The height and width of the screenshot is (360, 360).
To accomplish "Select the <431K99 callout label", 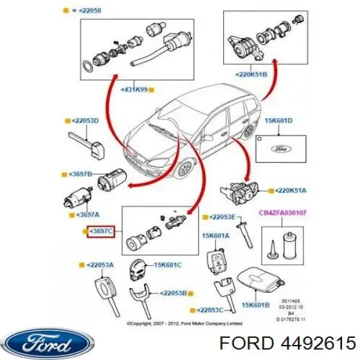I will [x=135, y=90].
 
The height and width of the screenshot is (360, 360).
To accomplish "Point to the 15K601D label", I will [x=278, y=121].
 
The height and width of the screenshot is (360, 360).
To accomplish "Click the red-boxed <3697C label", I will [x=100, y=230].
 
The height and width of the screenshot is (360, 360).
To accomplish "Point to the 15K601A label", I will [x=216, y=236].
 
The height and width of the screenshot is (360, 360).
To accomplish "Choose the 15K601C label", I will [x=167, y=265].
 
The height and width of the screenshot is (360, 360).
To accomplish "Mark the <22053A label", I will [x=100, y=265].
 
